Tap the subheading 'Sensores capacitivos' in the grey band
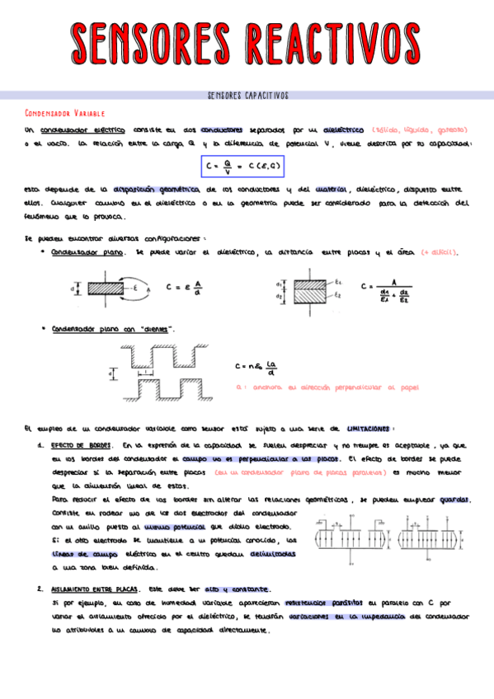click(247, 96)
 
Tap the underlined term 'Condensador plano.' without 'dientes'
click(87, 252)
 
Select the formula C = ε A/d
click(184, 289)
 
